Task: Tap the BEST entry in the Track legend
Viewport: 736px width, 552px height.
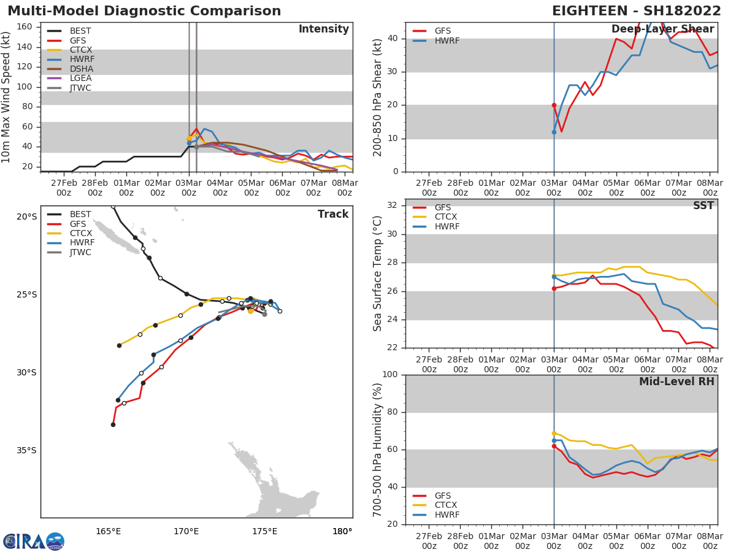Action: point(80,214)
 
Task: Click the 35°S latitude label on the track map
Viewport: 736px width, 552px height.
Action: point(26,450)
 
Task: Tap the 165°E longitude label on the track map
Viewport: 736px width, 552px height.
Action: point(108,531)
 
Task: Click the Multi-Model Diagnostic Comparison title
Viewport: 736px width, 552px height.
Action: point(144,11)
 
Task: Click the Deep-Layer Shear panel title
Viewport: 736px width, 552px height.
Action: point(662,29)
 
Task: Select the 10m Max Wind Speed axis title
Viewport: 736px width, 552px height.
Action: point(7,97)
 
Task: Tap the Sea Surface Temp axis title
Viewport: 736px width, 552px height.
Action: point(378,273)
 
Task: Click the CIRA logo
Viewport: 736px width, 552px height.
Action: point(34,542)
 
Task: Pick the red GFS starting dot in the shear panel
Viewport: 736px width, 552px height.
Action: point(554,105)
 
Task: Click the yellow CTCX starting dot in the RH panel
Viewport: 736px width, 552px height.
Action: point(554,433)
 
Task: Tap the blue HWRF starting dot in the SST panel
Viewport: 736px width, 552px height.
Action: point(554,277)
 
